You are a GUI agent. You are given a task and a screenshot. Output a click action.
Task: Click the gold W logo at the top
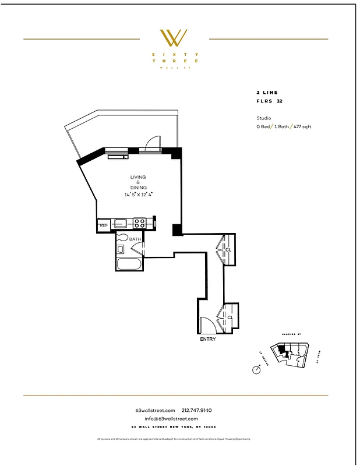coord(174,38)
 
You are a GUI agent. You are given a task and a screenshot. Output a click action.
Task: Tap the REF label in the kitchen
coord(103,225)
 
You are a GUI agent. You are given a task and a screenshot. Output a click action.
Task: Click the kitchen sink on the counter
coord(121,223)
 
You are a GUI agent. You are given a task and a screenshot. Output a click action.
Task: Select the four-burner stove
coord(140,223)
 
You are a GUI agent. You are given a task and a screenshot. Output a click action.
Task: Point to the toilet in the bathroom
coord(122,238)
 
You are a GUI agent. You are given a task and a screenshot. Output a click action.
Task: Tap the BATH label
coord(135,239)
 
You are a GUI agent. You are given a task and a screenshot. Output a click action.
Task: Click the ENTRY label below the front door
coord(207,339)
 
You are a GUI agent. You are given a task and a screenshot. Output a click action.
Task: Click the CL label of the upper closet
coord(229,250)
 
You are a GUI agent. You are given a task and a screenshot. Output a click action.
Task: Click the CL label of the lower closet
coord(230,317)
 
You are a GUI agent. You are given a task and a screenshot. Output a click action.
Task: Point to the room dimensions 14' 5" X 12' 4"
coord(138,195)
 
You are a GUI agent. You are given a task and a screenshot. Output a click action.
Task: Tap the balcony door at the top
coord(152,144)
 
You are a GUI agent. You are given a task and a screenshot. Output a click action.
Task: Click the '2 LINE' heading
coord(267,93)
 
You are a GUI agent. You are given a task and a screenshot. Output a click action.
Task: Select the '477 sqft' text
coord(302,126)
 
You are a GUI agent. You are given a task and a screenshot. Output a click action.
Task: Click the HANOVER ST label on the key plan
coord(290,334)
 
